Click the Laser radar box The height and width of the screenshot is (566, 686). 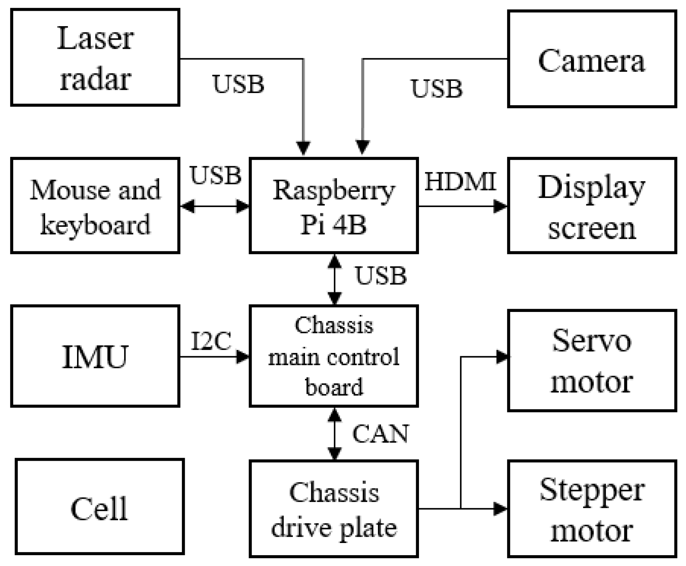point(95,58)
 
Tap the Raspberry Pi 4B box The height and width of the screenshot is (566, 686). point(334,206)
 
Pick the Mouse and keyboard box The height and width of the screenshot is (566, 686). point(95,206)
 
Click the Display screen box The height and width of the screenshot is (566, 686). point(592,206)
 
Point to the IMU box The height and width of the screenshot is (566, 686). point(95,356)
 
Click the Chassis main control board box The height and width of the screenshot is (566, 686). point(334,356)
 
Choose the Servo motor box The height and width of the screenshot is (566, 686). point(592,361)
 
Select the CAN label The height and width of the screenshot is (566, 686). point(380,434)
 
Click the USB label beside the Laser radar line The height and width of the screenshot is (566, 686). point(238,84)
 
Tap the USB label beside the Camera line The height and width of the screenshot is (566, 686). point(437,89)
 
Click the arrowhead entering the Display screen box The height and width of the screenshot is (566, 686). point(501,206)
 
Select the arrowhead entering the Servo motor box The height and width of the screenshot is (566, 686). point(502,357)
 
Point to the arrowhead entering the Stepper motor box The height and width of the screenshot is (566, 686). point(501,509)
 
